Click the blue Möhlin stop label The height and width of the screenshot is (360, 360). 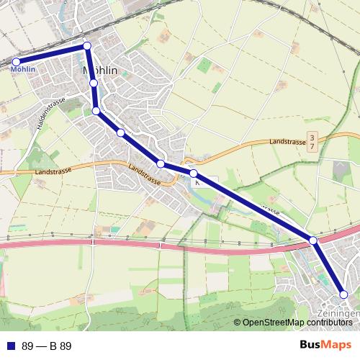(24, 70)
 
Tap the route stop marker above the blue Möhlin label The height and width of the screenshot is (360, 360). (16, 61)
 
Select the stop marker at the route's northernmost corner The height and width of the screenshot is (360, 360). (87, 46)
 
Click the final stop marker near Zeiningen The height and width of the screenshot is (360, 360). (343, 294)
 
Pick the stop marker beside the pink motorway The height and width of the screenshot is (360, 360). (313, 240)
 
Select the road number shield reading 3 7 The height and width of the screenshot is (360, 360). (312, 141)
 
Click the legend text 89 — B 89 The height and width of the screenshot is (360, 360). (47, 346)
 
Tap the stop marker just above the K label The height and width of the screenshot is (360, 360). (193, 174)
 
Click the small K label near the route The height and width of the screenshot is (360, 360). (197, 182)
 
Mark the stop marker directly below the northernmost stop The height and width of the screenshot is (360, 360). (94, 84)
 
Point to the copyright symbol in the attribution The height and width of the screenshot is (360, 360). (238, 323)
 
